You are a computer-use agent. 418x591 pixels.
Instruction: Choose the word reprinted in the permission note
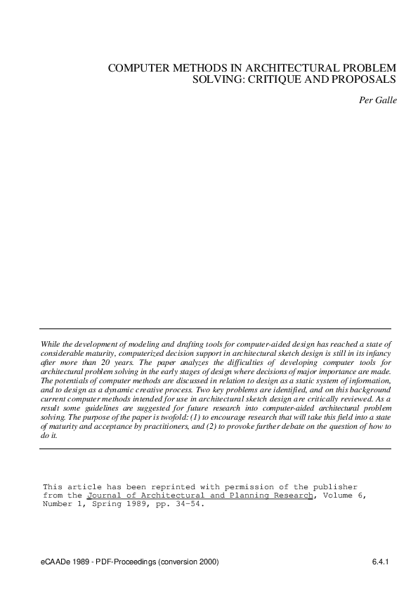[x=165, y=486]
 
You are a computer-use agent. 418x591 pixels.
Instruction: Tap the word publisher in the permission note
[x=330, y=486]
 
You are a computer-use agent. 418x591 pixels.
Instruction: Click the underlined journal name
[x=200, y=495]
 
